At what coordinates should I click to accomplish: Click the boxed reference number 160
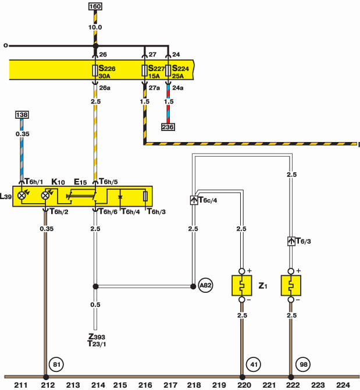[95, 6]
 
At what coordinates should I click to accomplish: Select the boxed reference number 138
[22, 115]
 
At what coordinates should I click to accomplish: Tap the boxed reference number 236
[168, 127]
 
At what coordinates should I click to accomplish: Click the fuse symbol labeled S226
[95, 70]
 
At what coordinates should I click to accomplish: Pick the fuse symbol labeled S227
[144, 70]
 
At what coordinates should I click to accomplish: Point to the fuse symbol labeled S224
[168, 70]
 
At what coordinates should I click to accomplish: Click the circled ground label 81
[56, 364]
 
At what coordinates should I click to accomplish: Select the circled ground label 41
[254, 364]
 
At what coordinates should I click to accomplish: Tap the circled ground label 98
[304, 364]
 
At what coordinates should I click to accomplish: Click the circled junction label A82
[205, 285]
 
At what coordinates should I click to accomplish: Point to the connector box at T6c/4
[194, 200]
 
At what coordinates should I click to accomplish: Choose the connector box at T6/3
[291, 241]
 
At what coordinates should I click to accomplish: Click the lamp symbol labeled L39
[22, 196]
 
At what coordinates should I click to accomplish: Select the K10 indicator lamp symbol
[45, 196]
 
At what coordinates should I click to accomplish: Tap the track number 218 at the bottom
[194, 385]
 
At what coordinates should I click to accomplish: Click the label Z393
[97, 336]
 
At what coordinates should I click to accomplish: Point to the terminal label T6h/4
[130, 212]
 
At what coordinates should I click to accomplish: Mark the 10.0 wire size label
[95, 27]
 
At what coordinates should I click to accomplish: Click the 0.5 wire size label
[95, 304]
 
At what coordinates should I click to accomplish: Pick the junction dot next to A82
[193, 286]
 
